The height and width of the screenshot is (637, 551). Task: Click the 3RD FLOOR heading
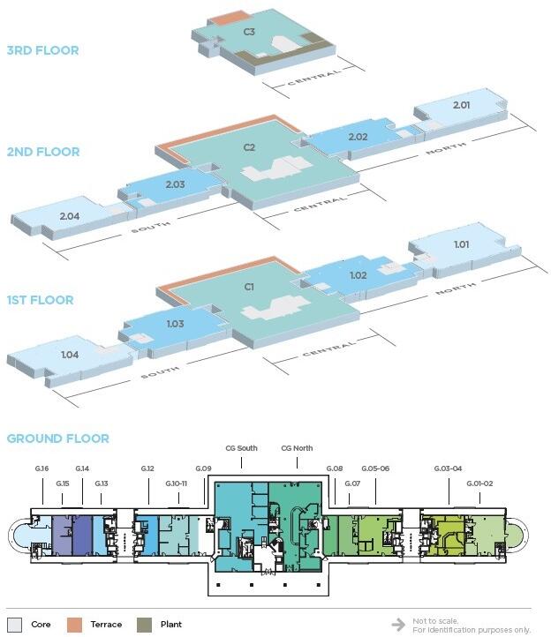(x=42, y=50)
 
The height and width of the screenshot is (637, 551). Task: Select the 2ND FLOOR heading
(x=42, y=152)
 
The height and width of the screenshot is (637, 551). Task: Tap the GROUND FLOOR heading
(x=57, y=438)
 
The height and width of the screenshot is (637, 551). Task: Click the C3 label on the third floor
(x=250, y=32)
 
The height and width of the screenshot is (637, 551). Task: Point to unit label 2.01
(x=461, y=106)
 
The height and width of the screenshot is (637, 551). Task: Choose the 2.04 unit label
(x=70, y=216)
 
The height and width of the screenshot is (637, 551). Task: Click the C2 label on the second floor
(x=249, y=147)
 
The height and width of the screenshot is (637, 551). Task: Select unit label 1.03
(x=175, y=324)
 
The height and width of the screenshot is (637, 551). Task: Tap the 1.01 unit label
(x=461, y=244)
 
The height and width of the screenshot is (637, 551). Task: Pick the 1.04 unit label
(x=70, y=355)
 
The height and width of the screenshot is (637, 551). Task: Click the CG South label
(x=241, y=448)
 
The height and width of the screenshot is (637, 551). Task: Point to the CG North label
(x=297, y=448)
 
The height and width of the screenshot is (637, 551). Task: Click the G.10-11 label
(x=177, y=483)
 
